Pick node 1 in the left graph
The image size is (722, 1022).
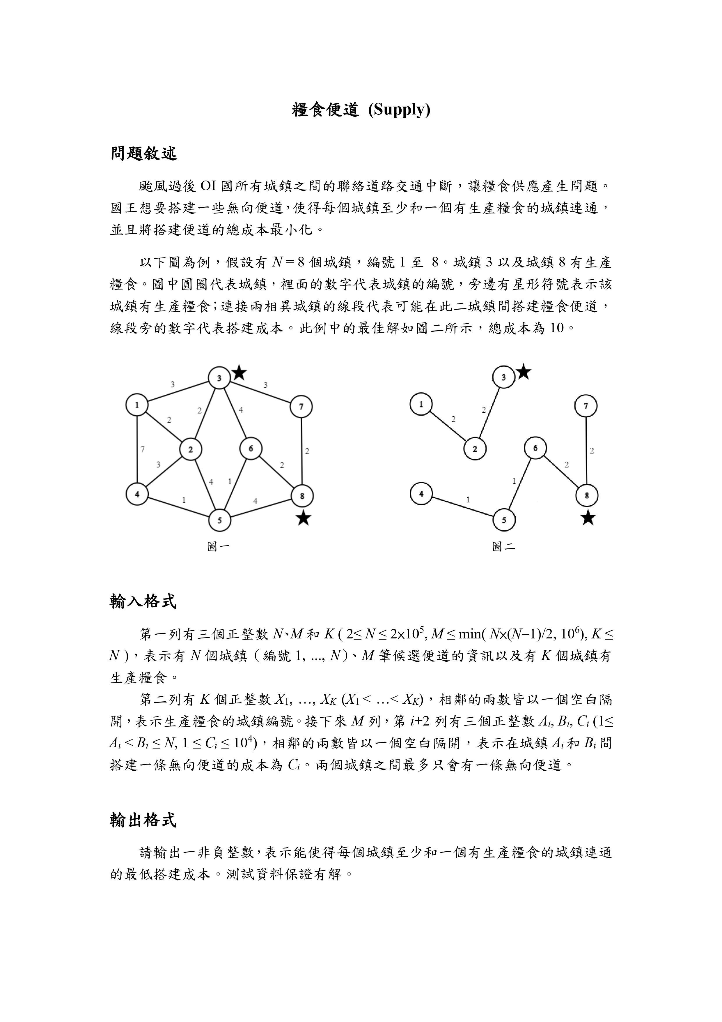(x=137, y=405)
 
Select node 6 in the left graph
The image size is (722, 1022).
(x=251, y=448)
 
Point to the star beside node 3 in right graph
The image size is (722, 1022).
(x=524, y=372)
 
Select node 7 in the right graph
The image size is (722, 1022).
(x=586, y=406)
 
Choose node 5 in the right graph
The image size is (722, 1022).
(x=503, y=520)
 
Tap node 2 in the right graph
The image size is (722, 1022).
(x=475, y=449)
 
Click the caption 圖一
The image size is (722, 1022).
(x=219, y=546)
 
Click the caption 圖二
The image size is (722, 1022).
(x=503, y=546)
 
